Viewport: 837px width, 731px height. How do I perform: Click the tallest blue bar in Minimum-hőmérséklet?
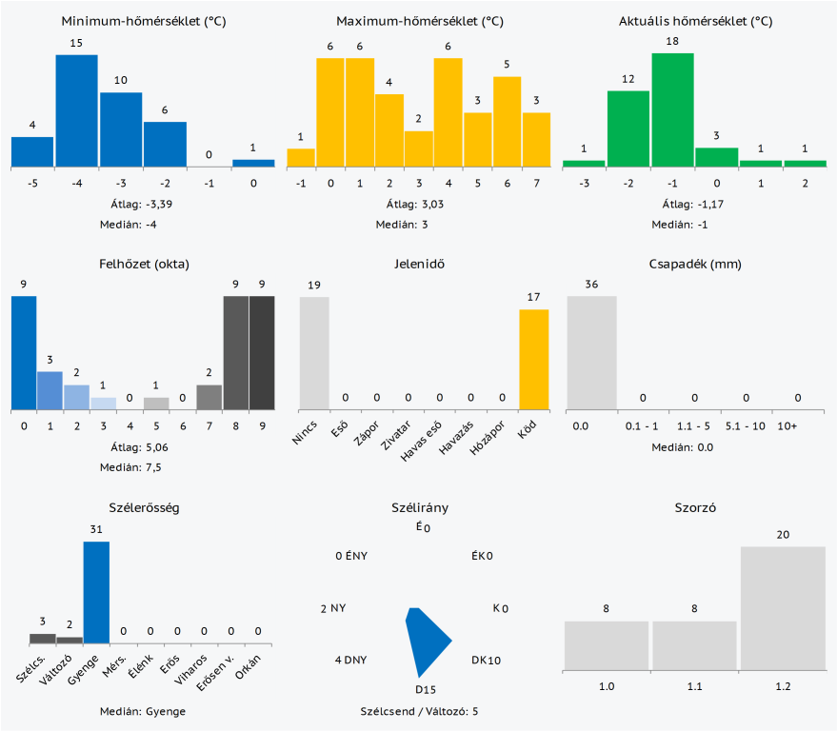click(x=76, y=110)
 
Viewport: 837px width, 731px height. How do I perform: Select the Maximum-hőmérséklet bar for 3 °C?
click(x=419, y=148)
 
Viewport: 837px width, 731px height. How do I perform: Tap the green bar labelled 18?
click(x=672, y=109)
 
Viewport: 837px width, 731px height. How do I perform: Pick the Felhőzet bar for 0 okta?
click(x=24, y=352)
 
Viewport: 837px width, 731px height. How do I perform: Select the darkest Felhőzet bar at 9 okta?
click(x=262, y=352)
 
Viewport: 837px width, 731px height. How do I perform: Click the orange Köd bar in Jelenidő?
click(x=533, y=359)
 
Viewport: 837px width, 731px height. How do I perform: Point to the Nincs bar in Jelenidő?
click(x=314, y=352)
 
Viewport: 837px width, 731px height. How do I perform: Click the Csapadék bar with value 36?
click(x=591, y=352)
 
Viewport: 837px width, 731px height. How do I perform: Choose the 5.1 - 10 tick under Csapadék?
click(x=746, y=425)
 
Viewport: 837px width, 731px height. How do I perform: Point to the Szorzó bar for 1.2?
click(x=783, y=607)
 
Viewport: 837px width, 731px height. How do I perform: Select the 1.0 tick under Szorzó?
click(x=606, y=685)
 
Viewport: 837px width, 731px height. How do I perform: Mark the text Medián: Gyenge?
click(x=143, y=711)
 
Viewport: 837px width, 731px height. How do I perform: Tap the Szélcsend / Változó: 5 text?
click(x=419, y=711)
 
